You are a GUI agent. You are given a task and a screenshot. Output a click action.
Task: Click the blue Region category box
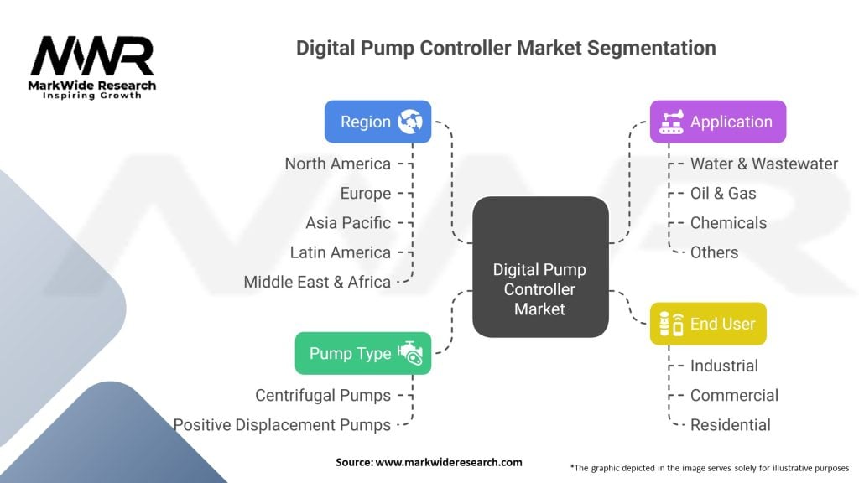[x=377, y=122]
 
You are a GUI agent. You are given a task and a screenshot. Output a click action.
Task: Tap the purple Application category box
[x=717, y=122]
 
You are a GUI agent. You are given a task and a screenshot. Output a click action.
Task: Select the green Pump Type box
[x=362, y=353]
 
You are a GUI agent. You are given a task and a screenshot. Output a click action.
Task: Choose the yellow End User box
[x=708, y=324]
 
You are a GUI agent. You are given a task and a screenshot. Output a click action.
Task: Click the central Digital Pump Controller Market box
[x=540, y=289]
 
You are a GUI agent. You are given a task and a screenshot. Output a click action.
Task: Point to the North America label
[x=337, y=164]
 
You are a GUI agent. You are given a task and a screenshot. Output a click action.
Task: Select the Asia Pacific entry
[x=348, y=223]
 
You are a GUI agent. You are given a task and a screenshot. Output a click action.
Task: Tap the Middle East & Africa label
[x=317, y=282]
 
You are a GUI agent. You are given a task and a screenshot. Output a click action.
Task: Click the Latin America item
[x=340, y=252]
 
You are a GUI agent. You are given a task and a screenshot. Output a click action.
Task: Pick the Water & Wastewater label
[x=763, y=164]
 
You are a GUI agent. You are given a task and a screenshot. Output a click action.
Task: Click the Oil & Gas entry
[x=723, y=194]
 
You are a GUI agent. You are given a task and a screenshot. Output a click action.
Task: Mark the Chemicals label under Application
[x=728, y=223]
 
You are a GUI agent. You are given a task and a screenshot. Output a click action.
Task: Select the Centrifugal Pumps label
[x=323, y=395]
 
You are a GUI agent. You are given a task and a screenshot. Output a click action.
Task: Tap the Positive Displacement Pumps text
[x=282, y=425]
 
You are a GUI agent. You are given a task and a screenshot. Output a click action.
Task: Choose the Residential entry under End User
[x=730, y=425]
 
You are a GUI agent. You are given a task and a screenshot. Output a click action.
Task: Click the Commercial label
[x=734, y=395]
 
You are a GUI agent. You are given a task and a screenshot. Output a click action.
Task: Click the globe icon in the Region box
[x=410, y=122]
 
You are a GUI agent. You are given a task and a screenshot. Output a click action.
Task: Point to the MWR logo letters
[x=92, y=56]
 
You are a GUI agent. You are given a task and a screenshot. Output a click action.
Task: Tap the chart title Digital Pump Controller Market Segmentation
[x=506, y=48]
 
